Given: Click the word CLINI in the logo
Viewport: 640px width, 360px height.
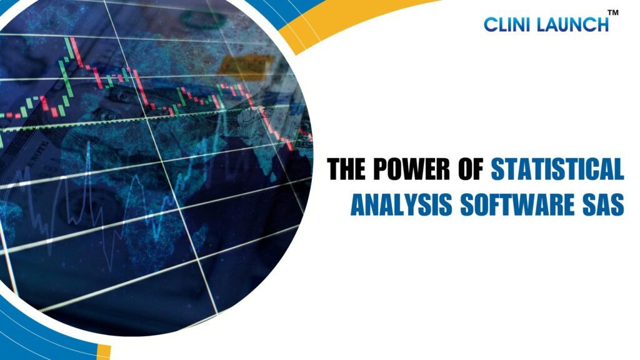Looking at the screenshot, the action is tap(507, 24).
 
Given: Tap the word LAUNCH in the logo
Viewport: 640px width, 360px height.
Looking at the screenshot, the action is tap(572, 24).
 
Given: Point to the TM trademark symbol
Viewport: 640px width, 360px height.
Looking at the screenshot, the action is tap(612, 12).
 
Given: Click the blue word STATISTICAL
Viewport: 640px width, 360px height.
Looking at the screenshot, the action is tap(557, 168).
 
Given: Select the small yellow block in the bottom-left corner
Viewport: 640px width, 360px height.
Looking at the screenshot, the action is tap(104, 352).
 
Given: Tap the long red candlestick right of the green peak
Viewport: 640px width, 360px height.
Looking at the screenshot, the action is tap(76, 52).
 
